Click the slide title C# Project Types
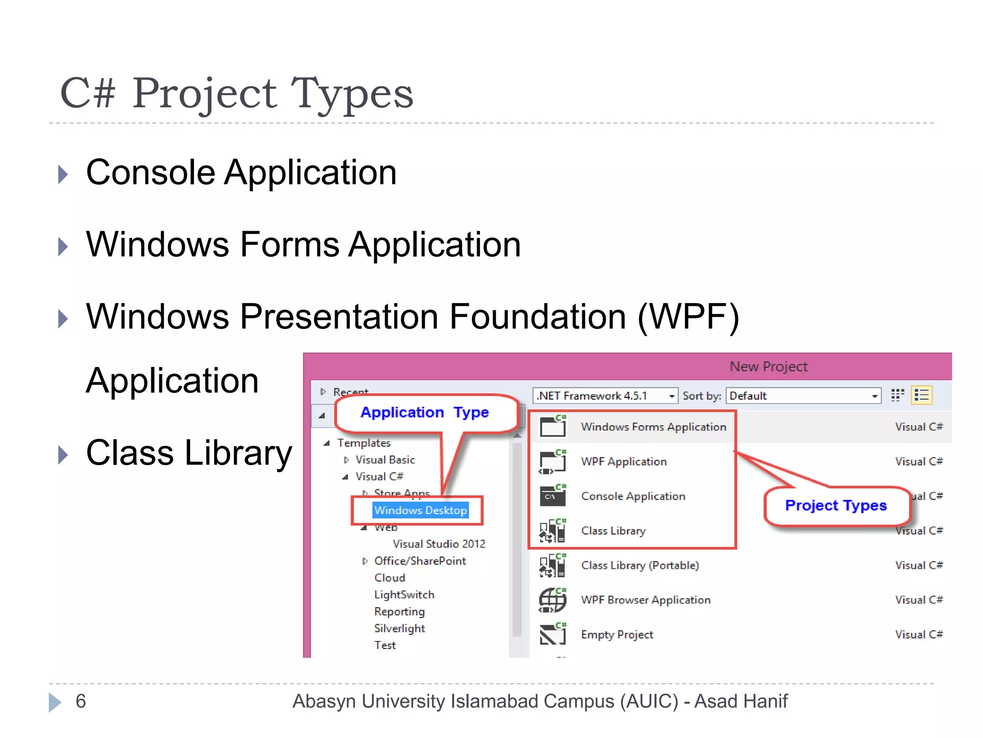pyautogui.click(x=236, y=93)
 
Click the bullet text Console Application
pyautogui.click(x=241, y=172)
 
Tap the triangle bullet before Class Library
pyautogui.click(x=63, y=455)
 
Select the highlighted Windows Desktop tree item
pyautogui.click(x=420, y=510)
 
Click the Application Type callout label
pyautogui.click(x=424, y=412)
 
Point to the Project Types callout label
pyautogui.click(x=836, y=505)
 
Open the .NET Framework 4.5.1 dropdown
pyautogui.click(x=605, y=395)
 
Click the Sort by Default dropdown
pyautogui.click(x=803, y=395)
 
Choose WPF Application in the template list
pyautogui.click(x=623, y=462)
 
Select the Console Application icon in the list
pyautogui.click(x=552, y=496)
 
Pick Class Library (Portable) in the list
pyautogui.click(x=639, y=566)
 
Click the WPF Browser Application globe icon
pyautogui.click(x=552, y=600)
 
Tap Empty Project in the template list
pyautogui.click(x=617, y=635)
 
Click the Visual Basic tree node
pyautogui.click(x=385, y=460)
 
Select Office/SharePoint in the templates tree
pyautogui.click(x=420, y=561)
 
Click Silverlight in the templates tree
pyautogui.click(x=399, y=628)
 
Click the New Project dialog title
pyautogui.click(x=768, y=367)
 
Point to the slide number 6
pyautogui.click(x=81, y=701)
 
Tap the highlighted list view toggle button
pyautogui.click(x=922, y=395)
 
